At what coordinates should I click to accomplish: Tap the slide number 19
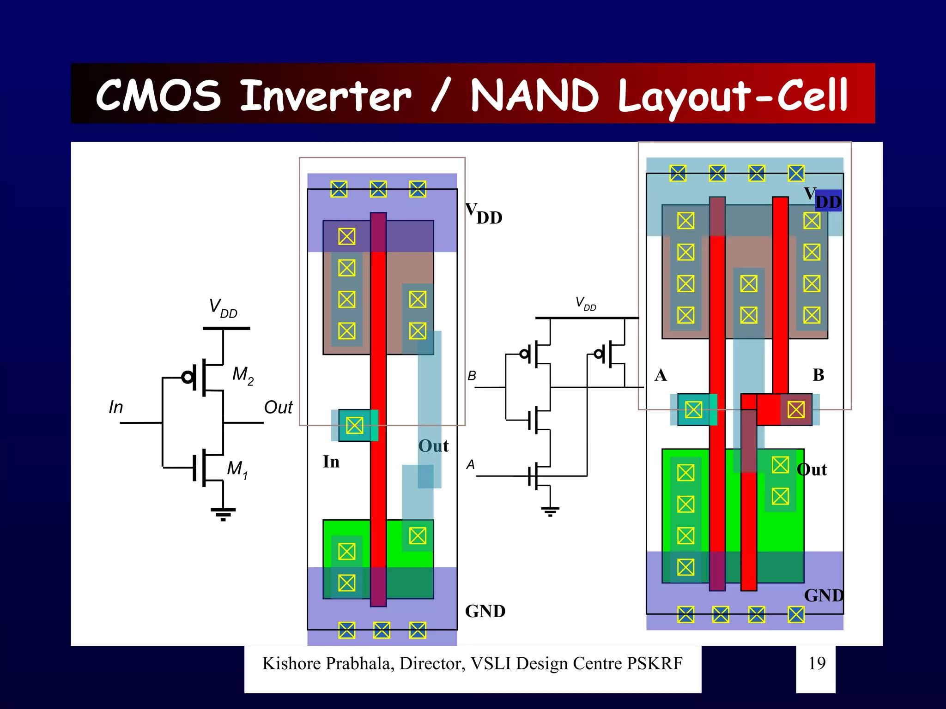click(817, 663)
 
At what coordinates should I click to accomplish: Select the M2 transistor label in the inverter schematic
click(243, 375)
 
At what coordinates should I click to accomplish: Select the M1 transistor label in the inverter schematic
click(237, 469)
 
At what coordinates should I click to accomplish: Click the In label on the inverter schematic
click(116, 407)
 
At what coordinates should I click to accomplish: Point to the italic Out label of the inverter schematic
click(278, 407)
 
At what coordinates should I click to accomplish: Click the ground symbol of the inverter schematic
click(223, 513)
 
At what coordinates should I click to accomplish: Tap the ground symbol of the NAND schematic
click(550, 511)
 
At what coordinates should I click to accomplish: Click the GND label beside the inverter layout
click(485, 611)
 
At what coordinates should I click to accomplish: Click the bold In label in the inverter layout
click(331, 462)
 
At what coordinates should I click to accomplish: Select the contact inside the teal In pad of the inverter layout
click(355, 425)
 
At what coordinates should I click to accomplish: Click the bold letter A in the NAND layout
click(661, 375)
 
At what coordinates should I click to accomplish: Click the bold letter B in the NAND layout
click(818, 375)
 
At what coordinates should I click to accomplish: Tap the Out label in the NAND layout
click(812, 469)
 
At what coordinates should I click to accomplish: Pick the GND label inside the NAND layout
click(824, 595)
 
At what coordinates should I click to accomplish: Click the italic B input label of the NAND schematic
click(472, 376)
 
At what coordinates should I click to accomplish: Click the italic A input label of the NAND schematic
click(470, 464)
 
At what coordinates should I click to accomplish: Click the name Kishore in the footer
click(292, 663)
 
